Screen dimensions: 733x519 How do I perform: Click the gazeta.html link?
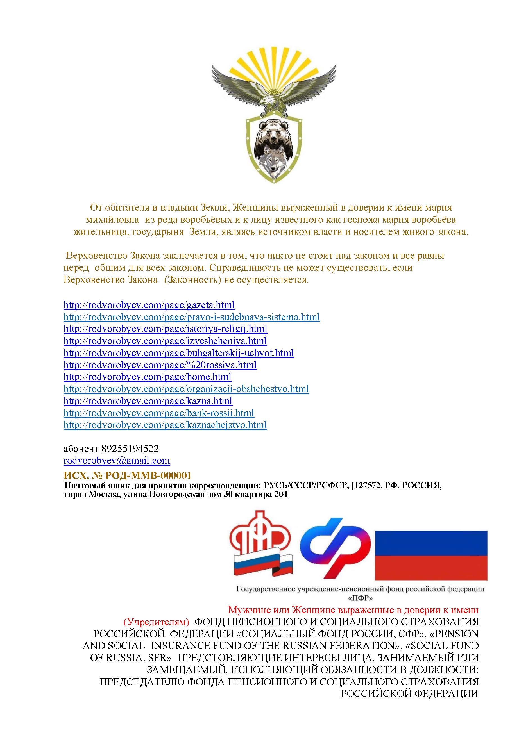[149, 305]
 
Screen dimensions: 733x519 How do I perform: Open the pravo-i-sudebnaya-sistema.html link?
[191, 317]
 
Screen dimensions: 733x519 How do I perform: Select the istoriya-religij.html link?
[165, 329]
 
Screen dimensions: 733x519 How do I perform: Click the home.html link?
[147, 377]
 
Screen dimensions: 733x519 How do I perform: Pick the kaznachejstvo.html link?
[165, 425]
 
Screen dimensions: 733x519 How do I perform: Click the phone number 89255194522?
[130, 449]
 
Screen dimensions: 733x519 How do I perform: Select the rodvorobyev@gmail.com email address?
[117, 461]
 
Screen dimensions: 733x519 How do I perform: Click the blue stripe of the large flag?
[431, 543]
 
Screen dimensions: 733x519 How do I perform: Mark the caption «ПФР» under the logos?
[360, 598]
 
